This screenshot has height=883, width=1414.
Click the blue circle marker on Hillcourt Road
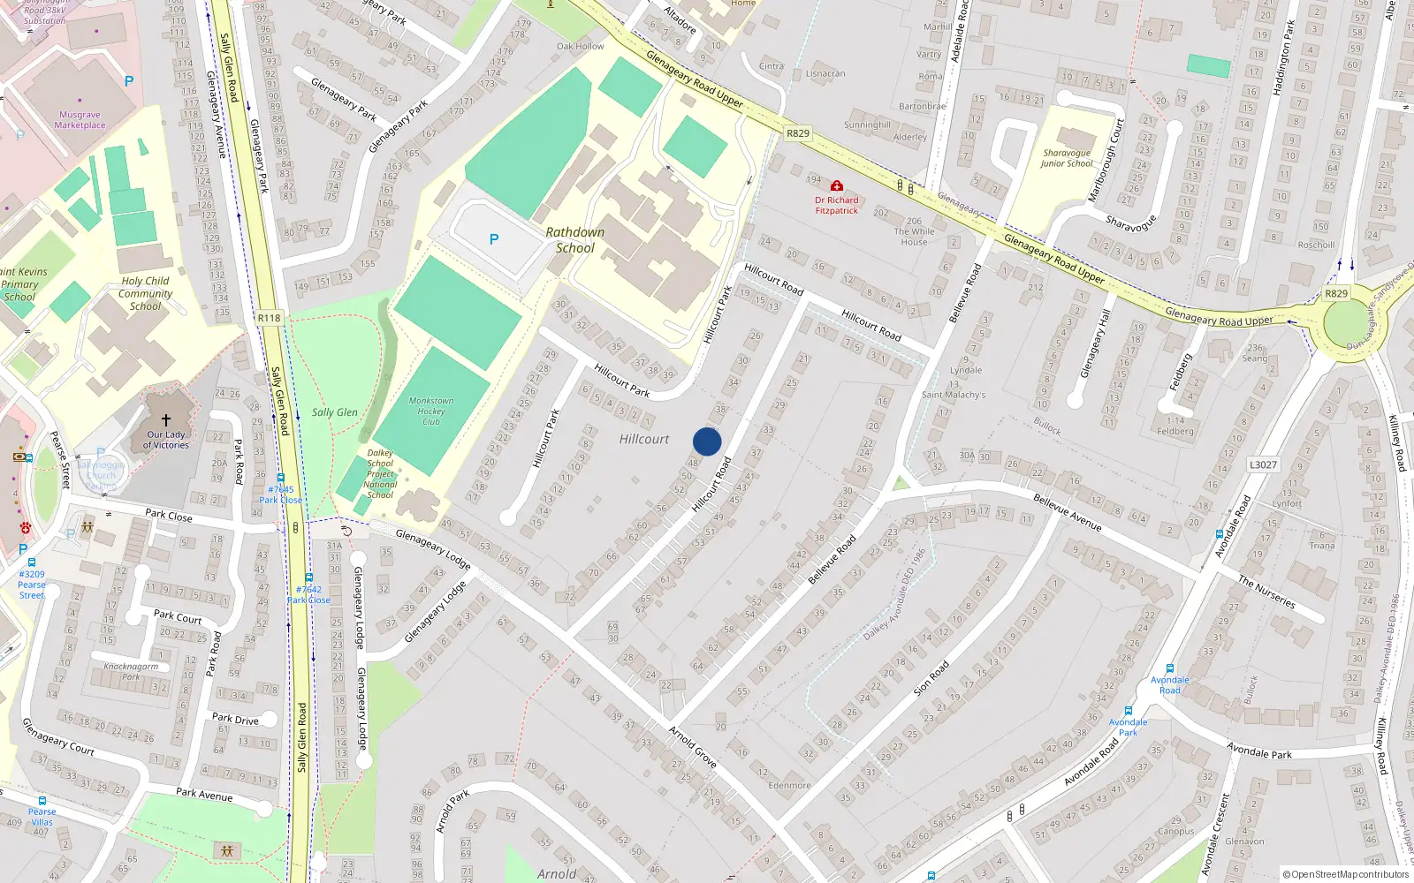pos(707,441)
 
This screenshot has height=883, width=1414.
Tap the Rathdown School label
pos(574,240)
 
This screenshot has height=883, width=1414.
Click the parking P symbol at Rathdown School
pos(494,239)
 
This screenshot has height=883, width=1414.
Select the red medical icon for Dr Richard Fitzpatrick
pos(836,185)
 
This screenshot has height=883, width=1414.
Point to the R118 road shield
pos(269,318)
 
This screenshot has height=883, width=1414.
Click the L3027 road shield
pos(1263,464)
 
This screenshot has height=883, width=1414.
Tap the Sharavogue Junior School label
pos(1066,158)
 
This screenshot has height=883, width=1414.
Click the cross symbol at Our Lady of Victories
pos(165,420)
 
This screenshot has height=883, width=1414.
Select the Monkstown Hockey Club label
pos(430,411)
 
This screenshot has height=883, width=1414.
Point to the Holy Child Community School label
pos(146,293)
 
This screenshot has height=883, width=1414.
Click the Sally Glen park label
pos(334,412)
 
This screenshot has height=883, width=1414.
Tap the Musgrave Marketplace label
pos(80,120)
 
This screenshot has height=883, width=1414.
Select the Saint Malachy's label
pos(953,395)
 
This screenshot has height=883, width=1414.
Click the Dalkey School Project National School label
pos(380,474)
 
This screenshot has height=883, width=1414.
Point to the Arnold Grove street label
pos(693,746)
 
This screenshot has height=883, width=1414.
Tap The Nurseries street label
pos(1266,592)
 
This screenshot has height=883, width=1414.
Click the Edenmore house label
pos(789,785)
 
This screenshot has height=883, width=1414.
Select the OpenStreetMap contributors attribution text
pos(1346,874)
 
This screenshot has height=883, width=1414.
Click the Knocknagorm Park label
pos(131,672)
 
